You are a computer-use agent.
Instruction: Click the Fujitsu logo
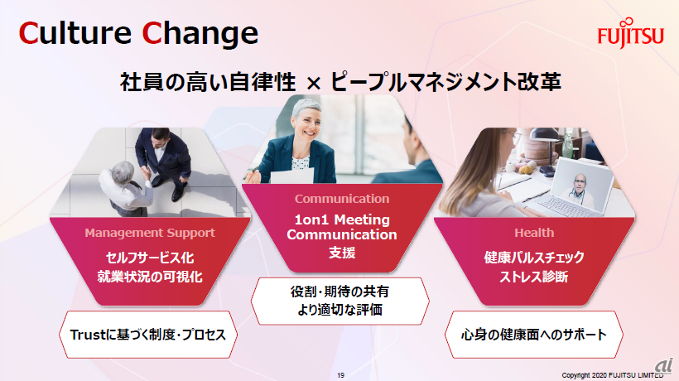tap(630, 34)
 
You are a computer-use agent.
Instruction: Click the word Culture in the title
tap(75, 33)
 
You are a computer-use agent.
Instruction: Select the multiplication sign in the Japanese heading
tap(313, 83)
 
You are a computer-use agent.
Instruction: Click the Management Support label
tap(150, 233)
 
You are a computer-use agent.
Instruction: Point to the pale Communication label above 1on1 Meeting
tap(342, 199)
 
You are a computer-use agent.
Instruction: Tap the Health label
tap(534, 233)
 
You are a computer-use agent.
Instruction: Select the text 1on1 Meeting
tap(342, 219)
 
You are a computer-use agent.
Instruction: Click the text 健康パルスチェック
tap(534, 257)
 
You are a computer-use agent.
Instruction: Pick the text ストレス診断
tap(534, 277)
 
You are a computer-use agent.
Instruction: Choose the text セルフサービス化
tap(150, 258)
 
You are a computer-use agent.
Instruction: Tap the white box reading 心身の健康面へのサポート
tap(534, 335)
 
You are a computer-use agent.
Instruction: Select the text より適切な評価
tap(340, 310)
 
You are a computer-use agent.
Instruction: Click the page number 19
tap(341, 375)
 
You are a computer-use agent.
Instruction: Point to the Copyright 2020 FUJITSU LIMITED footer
tap(612, 375)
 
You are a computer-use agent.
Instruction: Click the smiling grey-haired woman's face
tap(308, 124)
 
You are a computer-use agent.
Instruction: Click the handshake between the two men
tap(146, 174)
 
